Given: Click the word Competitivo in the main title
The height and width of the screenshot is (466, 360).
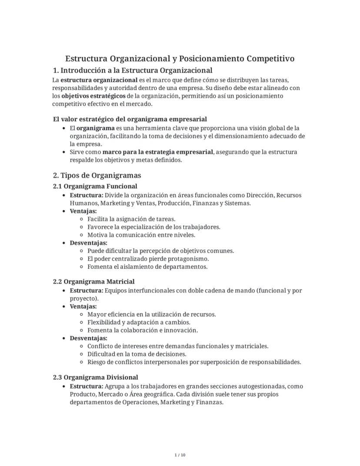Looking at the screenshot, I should (x=270, y=59).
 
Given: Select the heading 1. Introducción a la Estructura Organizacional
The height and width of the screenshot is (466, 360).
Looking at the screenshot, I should (x=132, y=70).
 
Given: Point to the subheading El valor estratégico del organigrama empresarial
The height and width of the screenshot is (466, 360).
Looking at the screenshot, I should (x=130, y=119).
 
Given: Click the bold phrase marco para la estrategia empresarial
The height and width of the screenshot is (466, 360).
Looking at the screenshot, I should (x=157, y=152).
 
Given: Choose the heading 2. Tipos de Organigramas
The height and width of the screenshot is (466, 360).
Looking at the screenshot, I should (x=97, y=175).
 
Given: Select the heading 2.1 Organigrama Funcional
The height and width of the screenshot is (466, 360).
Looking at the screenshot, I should (x=95, y=186).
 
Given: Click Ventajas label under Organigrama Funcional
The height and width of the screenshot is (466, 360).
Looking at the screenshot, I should (x=83, y=211).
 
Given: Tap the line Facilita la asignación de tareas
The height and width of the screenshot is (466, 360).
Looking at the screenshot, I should (x=131, y=219).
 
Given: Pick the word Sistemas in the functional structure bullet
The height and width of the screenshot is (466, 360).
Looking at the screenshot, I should (x=237, y=203).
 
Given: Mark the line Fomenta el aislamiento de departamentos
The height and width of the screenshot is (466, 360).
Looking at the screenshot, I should (x=147, y=267).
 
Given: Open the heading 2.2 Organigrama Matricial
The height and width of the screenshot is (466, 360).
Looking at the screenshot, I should (x=93, y=282).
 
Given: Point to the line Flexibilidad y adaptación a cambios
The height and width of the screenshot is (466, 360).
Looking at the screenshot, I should (x=139, y=322).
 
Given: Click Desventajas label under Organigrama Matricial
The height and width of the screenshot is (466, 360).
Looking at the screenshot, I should (x=88, y=338).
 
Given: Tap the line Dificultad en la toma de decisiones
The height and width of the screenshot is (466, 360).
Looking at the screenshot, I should (x=137, y=354).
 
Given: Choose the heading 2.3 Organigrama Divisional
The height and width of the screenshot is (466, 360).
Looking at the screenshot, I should (x=95, y=378).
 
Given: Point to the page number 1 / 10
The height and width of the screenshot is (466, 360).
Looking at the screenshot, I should (x=180, y=455).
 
